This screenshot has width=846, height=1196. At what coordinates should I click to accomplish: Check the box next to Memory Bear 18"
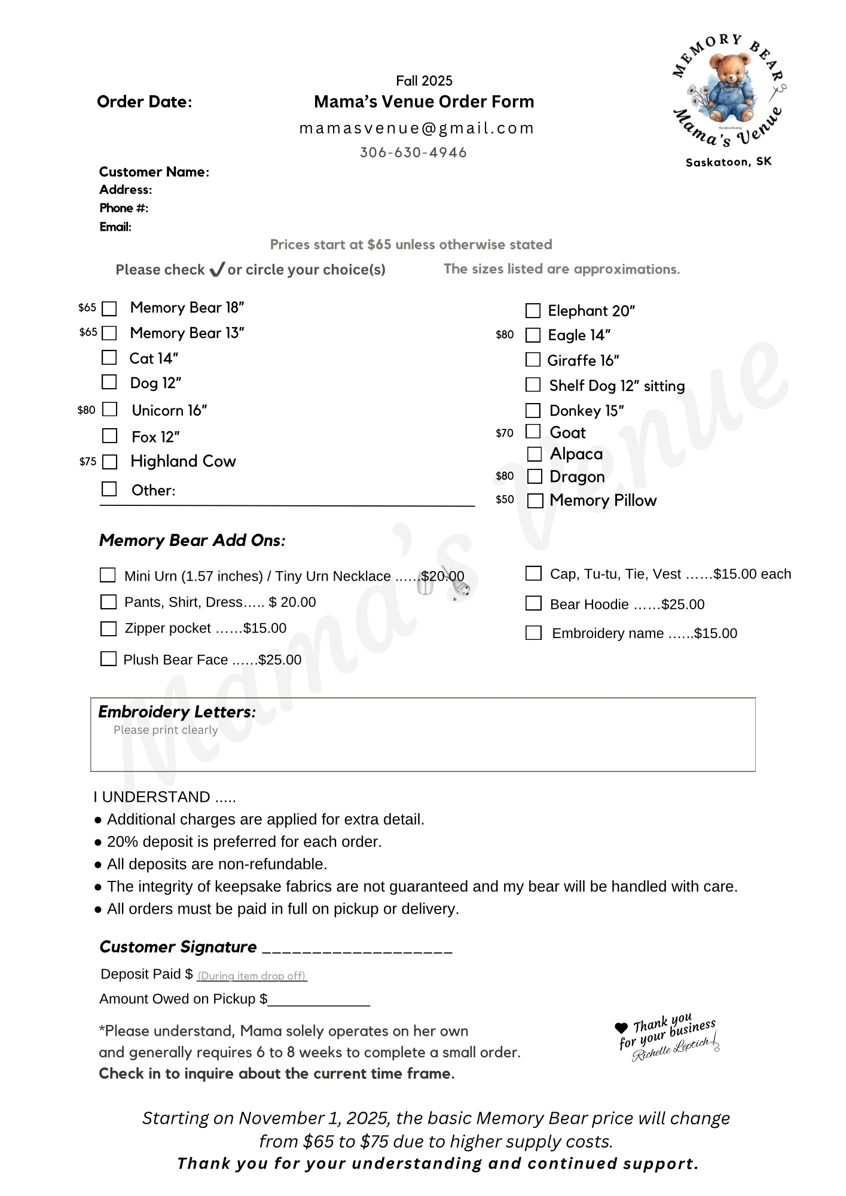(x=109, y=309)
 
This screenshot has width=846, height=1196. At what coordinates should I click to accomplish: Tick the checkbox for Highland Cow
(x=109, y=462)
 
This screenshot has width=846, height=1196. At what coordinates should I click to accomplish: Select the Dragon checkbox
(x=535, y=477)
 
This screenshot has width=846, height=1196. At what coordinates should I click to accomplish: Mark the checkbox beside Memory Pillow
(x=535, y=501)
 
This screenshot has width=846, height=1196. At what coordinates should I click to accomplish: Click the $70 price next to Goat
(x=505, y=433)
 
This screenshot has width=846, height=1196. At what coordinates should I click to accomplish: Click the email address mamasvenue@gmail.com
(x=417, y=128)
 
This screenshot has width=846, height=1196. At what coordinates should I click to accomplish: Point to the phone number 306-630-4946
(x=413, y=152)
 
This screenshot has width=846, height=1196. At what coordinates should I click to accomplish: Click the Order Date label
(x=145, y=102)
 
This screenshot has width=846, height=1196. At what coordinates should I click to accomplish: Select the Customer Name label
(x=154, y=172)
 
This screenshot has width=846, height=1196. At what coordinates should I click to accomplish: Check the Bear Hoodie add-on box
(x=533, y=603)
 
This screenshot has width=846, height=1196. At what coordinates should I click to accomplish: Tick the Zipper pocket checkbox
(x=108, y=628)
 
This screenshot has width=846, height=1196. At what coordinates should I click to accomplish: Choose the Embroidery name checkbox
(x=533, y=633)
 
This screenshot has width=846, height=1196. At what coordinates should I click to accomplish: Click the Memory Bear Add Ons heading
(x=192, y=541)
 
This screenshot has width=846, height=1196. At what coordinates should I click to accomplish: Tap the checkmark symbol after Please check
(x=216, y=270)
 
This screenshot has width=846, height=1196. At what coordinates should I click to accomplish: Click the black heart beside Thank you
(x=621, y=1028)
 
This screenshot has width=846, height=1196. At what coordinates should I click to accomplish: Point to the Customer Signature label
(x=178, y=947)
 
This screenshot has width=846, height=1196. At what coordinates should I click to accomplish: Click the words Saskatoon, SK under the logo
(x=728, y=162)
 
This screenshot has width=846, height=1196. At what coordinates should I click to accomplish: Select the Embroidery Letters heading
(x=177, y=712)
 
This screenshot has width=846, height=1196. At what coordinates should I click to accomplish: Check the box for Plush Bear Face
(x=108, y=659)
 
